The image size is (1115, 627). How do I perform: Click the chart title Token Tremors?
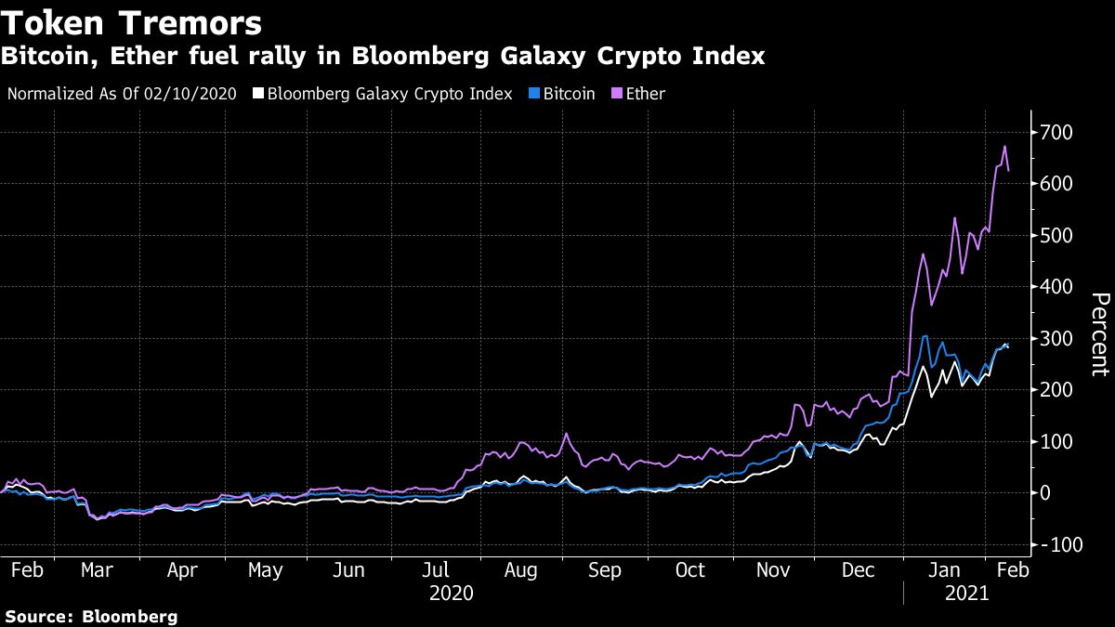(x=131, y=22)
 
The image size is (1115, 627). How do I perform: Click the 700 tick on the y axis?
(x=1056, y=133)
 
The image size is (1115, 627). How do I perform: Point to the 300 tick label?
(x=1056, y=339)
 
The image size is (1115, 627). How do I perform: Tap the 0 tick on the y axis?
(x=1045, y=493)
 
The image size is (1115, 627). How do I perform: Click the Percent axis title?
(x=1100, y=334)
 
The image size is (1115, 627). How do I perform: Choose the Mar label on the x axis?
(x=97, y=569)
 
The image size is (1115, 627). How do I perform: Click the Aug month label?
(x=521, y=569)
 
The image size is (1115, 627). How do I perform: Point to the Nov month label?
(x=773, y=569)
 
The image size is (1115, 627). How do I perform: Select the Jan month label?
(x=945, y=569)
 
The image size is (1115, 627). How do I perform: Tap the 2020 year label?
(x=452, y=593)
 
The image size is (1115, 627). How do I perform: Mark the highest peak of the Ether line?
(x=1004, y=147)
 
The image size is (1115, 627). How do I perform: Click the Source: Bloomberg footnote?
(x=90, y=616)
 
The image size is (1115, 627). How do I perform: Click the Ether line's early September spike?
(x=565, y=435)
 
